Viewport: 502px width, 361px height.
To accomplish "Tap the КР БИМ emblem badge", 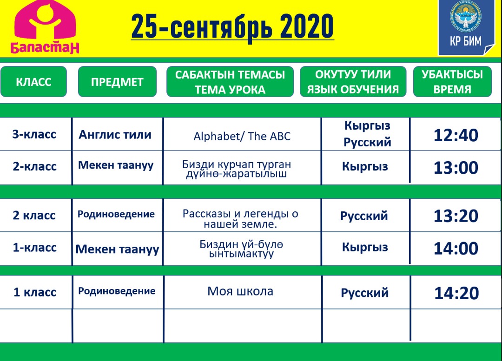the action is coord(466,27).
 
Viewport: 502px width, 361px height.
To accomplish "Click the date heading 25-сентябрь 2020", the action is coord(232,26).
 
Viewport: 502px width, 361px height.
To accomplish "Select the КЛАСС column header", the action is coord(33,82).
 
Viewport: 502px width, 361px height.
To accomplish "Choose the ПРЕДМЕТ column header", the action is coord(117,82).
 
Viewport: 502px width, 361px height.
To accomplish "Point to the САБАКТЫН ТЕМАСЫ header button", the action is coord(230,82).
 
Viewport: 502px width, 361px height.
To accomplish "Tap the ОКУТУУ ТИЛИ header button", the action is coord(353,82).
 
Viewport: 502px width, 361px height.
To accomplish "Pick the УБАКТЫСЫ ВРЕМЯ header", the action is coord(452,82).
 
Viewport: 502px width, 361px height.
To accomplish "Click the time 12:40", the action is coord(456,135).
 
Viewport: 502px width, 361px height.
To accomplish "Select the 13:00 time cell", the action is coord(456,168).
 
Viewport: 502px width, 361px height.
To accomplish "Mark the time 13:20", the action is coord(456,216).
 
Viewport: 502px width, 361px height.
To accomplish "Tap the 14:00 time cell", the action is coord(456,249).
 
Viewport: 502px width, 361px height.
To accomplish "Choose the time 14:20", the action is coord(456,293).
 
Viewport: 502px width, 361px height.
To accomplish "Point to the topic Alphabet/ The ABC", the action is coord(242,136).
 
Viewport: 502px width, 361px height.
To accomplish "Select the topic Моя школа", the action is coord(240,291).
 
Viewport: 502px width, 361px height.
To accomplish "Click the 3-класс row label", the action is coord(34,134).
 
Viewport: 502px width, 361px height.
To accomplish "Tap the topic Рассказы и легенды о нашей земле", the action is coord(240,219).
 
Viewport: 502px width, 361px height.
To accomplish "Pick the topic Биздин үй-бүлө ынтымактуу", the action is coord(241,249).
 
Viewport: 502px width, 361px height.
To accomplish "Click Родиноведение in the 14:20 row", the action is coord(117,291).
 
